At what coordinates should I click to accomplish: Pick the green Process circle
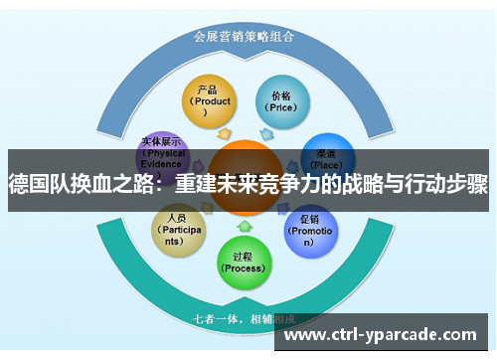coord(244,261)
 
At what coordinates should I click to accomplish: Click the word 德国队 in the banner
coord(38,183)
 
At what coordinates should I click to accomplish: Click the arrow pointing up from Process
coord(244,227)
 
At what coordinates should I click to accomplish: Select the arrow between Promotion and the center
coord(281,211)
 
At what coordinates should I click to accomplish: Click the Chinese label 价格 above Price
coord(281,95)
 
